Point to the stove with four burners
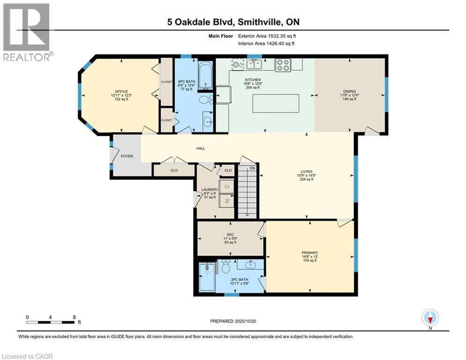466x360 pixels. [x=283, y=65]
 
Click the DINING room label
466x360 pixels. [x=349, y=91]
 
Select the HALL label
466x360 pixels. [x=200, y=149]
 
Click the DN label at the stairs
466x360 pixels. [x=252, y=168]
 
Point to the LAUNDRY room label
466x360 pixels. [x=210, y=190]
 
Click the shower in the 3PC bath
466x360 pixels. [x=206, y=277]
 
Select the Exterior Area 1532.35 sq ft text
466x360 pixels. [x=266, y=36]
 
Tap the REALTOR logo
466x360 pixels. [x=27, y=32]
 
